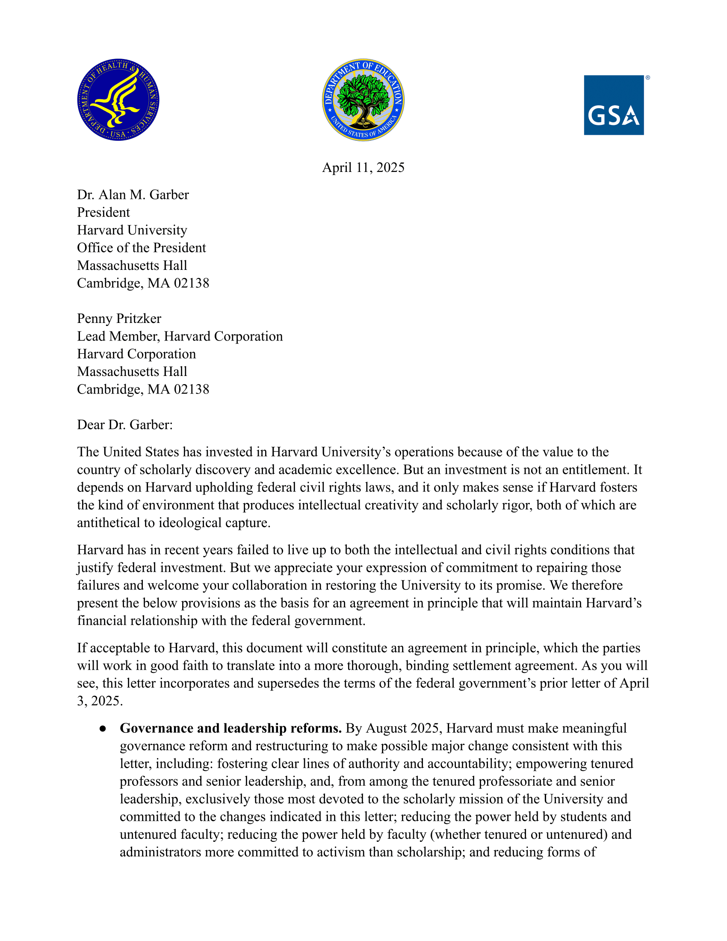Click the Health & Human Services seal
tap(118, 100)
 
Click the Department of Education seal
tap(363, 100)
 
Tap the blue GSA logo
tap(613, 105)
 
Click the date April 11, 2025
tap(363, 167)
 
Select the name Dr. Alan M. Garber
tap(133, 195)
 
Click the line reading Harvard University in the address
tap(132, 230)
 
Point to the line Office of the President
tap(141, 248)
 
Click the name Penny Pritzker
tap(119, 318)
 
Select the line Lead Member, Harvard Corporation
tap(180, 336)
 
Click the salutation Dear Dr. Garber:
tap(124, 425)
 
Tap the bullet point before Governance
tap(103, 728)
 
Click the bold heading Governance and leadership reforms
tap(231, 728)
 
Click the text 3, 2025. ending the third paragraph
tap(100, 701)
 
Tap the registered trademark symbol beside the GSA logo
tap(648, 78)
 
